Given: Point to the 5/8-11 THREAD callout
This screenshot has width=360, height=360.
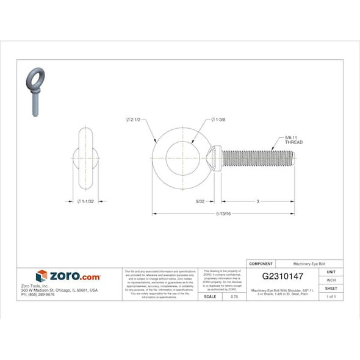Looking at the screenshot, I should [x=293, y=140].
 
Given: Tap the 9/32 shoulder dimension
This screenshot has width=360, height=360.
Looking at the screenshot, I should [x=200, y=201].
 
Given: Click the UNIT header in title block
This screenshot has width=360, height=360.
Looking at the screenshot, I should [x=331, y=272].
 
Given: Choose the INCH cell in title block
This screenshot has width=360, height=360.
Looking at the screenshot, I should [x=331, y=279].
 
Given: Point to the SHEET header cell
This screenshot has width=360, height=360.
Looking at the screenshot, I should [x=331, y=288].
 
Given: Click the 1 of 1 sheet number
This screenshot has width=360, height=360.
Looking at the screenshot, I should [x=331, y=296].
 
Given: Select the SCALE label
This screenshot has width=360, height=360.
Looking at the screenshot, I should [x=209, y=296].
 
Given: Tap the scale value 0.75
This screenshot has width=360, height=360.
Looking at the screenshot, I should [x=234, y=296].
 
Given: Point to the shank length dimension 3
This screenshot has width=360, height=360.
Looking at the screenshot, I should [x=257, y=201].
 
